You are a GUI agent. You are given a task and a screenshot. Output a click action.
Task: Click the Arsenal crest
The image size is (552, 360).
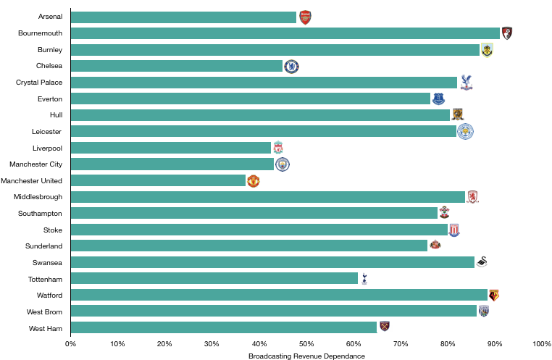[x=305, y=17]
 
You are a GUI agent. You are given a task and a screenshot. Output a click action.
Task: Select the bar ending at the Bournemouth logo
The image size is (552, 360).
[x=285, y=33]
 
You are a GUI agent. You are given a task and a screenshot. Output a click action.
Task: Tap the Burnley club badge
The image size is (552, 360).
[x=487, y=50]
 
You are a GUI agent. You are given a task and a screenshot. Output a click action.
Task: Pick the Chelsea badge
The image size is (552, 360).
[x=291, y=67]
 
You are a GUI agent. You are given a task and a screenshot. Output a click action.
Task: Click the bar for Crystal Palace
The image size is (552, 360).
[x=264, y=83]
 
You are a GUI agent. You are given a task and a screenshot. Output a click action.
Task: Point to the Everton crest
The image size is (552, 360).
[x=438, y=99]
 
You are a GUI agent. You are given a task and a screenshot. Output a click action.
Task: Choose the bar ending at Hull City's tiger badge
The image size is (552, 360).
[x=261, y=115]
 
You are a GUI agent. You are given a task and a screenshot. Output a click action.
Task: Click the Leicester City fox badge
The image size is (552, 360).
[x=465, y=131]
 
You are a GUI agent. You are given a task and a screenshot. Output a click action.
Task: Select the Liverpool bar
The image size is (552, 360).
[x=171, y=148]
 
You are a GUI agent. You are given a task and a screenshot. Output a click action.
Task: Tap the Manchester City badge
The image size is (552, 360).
[x=282, y=164]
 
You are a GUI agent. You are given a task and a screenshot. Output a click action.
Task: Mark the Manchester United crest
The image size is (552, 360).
[x=253, y=181]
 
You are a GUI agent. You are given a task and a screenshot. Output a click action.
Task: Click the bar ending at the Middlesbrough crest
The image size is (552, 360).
[x=268, y=197]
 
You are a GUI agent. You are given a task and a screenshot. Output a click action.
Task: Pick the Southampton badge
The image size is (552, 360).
[x=444, y=212]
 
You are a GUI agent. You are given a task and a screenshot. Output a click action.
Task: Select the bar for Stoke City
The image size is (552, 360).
[x=259, y=230]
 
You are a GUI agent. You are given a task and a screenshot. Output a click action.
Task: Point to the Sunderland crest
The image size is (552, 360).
[x=435, y=244]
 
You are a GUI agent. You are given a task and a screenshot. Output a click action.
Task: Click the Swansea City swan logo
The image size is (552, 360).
[x=482, y=261]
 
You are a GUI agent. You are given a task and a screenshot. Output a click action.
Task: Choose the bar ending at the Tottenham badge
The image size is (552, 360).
[x=214, y=278]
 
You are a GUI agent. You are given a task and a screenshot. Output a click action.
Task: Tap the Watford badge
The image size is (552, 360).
[x=494, y=295]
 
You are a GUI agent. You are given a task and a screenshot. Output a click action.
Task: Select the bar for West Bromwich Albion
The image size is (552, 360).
[x=274, y=311]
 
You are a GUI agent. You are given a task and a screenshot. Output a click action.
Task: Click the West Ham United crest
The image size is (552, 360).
[x=385, y=326]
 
